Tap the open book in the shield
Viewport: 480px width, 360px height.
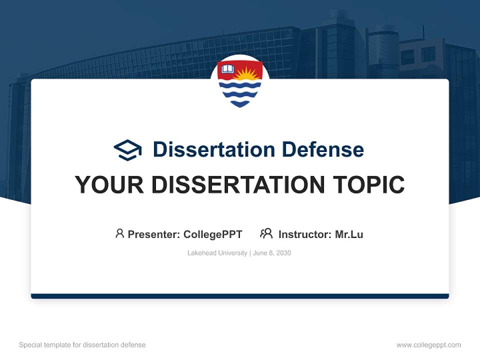point(228,69)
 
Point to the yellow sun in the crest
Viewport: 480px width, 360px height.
point(246,74)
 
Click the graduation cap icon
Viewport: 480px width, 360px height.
point(127,149)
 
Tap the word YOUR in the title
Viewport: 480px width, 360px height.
point(109,185)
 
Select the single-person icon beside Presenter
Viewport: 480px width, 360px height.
point(119,233)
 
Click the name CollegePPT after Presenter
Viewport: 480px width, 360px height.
point(213,234)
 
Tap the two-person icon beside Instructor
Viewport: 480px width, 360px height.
point(266,233)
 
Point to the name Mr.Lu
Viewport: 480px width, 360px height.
point(349,234)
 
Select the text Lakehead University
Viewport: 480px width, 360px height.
point(217,253)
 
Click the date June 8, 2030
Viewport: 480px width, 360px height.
point(272,253)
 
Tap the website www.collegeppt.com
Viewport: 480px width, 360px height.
point(428,345)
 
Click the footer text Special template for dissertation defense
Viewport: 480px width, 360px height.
point(82,345)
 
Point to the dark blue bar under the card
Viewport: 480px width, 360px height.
point(240,296)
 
